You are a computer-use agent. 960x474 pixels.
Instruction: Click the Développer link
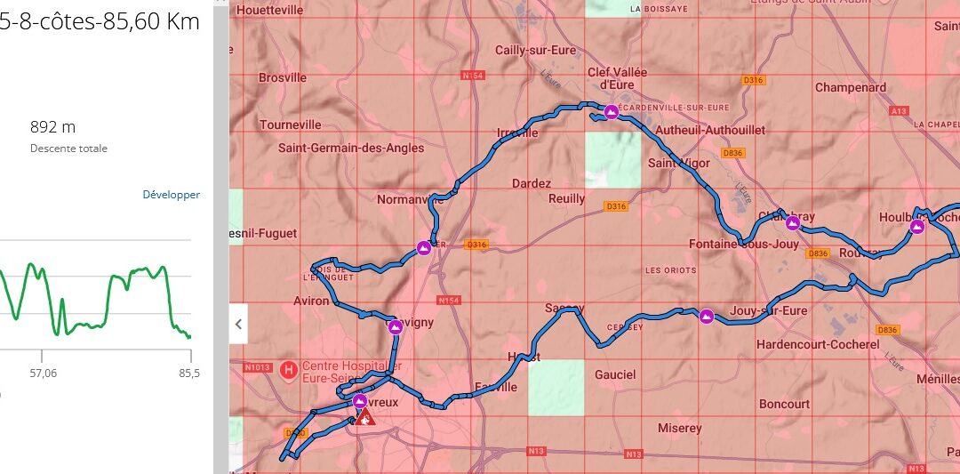click(x=171, y=195)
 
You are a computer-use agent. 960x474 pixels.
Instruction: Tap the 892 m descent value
click(x=52, y=127)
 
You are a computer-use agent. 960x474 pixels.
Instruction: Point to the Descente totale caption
click(x=68, y=149)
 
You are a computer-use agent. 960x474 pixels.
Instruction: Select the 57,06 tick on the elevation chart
click(x=43, y=374)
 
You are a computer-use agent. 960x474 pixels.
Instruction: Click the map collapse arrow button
click(x=237, y=325)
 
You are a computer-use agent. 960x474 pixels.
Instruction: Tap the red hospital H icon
click(x=288, y=369)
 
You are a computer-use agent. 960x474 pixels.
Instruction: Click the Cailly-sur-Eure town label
click(x=535, y=51)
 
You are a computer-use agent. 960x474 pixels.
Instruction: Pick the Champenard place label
click(x=851, y=88)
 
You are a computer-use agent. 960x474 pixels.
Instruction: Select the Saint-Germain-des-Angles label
click(x=351, y=149)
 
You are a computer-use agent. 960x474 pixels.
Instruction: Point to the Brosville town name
click(x=283, y=77)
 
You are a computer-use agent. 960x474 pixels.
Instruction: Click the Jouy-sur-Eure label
click(x=768, y=311)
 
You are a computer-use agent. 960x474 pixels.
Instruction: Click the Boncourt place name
click(x=784, y=404)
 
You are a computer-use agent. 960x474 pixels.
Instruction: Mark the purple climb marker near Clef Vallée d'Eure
click(x=611, y=112)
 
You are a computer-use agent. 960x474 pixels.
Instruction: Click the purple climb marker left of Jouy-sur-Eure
click(x=706, y=316)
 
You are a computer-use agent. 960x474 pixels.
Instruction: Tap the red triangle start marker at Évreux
click(x=364, y=416)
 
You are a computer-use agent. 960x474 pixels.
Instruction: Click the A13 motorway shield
click(x=899, y=111)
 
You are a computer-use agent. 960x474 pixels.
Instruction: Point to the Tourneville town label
click(x=291, y=125)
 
